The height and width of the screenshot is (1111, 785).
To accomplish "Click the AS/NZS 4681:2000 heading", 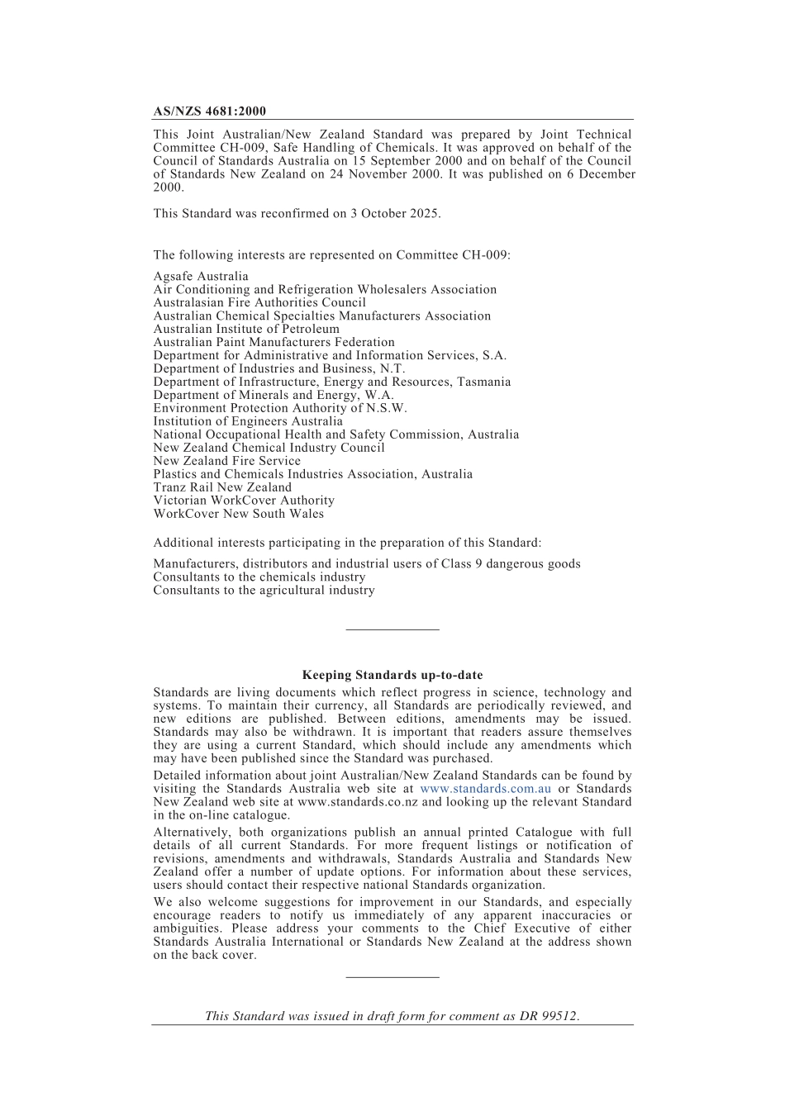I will tap(209, 112).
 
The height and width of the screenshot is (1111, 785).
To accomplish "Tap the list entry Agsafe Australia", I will tap(201, 277).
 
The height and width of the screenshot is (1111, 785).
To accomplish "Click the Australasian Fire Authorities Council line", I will tap(259, 303).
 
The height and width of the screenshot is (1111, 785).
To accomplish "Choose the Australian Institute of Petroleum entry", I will tap(246, 330).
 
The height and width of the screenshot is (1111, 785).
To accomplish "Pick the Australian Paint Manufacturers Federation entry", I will tap(274, 343).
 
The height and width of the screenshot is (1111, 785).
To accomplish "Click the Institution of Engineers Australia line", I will tap(248, 421).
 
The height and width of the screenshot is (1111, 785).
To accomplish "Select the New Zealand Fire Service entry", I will tap(226, 461).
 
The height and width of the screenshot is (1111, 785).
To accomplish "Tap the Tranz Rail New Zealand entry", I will tap(222, 487).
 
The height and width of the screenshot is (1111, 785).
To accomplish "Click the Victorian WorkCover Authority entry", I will tap(244, 501).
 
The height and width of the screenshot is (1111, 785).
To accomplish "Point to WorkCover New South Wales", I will tap(239, 514).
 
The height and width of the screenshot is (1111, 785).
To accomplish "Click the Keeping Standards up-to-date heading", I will tap(392, 676).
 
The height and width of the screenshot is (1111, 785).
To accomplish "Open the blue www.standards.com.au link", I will tap(486, 789).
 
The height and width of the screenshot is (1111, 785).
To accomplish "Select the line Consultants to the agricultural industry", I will tap(264, 591).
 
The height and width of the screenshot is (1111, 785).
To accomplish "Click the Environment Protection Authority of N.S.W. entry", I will tap(280, 408).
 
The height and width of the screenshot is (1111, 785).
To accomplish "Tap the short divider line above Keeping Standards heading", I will tap(392, 630).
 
